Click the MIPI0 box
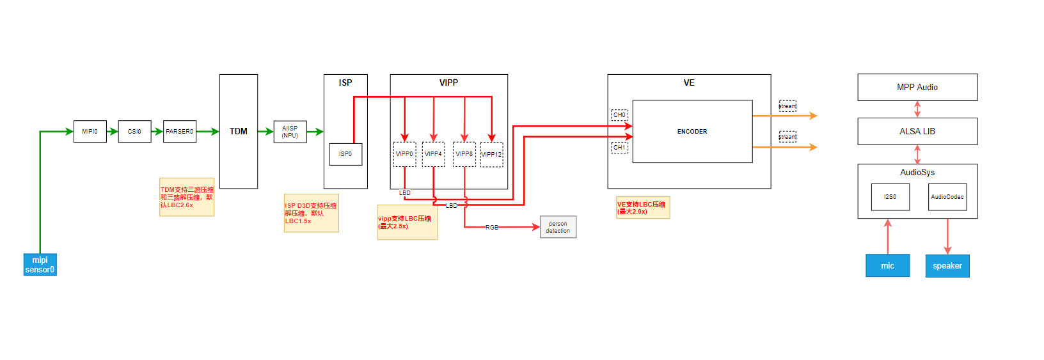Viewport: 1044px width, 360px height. pos(90,131)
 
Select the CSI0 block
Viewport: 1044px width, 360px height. pos(134,131)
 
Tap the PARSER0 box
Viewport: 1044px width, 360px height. pos(179,131)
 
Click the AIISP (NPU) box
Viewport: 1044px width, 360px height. pos(290,131)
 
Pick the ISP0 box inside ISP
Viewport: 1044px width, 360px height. pos(345,154)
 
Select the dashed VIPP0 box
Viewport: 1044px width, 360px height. pos(404,154)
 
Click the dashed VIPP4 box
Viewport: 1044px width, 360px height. pos(433,154)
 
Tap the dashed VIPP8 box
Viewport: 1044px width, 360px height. pos(464,154)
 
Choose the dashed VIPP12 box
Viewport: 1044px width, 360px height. pos(491,155)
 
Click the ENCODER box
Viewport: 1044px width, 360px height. pos(692,131)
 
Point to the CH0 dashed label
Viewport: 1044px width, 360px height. pos(619,115)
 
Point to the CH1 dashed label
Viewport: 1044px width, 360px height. pos(619,148)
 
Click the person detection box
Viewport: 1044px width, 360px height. pos(558,227)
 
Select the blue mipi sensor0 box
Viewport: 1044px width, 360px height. pos(40,265)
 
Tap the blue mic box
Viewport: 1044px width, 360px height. pos(887,265)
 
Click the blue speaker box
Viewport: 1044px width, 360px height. pos(947,265)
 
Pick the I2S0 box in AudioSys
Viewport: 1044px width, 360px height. pos(890,197)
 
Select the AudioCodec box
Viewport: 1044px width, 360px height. pos(947,197)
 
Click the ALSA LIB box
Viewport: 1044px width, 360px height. pos(917,131)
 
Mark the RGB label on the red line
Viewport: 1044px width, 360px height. pos(491,227)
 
